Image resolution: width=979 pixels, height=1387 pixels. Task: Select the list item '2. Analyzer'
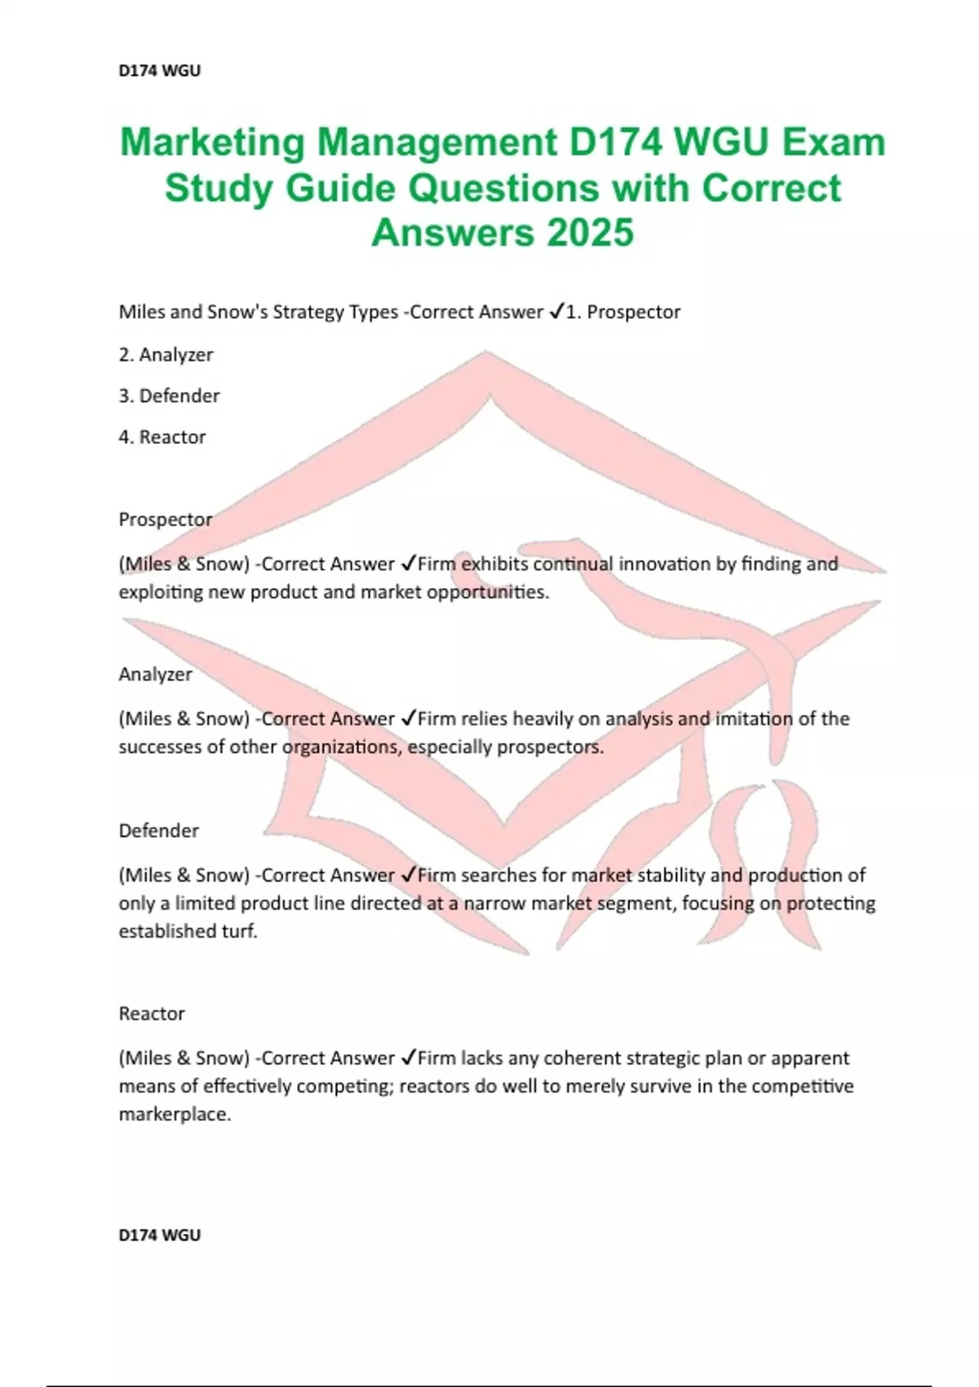pos(166,355)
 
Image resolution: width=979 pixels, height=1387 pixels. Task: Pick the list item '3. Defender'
pos(169,396)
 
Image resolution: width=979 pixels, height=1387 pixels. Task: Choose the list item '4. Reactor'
pos(162,437)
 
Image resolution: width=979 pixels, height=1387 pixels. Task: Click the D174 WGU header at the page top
pos(159,71)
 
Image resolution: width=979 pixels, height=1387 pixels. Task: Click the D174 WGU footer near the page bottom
pos(159,1235)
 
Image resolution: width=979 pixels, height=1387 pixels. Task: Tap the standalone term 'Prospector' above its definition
pos(165,520)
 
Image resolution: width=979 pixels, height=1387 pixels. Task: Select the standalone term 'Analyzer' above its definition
pos(155,675)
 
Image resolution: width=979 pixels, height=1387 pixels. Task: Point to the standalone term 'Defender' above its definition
pos(158,831)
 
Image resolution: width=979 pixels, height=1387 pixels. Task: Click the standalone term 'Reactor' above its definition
pos(152,1014)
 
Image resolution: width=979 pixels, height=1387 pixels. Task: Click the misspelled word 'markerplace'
pos(175,1114)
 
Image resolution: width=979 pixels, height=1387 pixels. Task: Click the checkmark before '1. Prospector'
pos(556,312)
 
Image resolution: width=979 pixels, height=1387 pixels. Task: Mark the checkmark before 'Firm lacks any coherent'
pos(409,1058)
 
